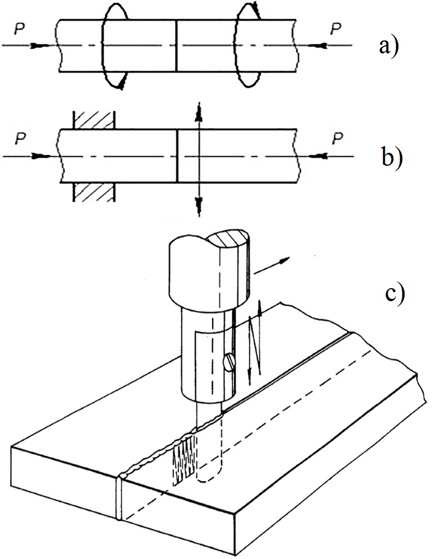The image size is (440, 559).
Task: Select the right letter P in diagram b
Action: point(336,137)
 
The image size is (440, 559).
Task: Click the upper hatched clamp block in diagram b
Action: point(94,120)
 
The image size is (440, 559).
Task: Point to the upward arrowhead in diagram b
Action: point(197,111)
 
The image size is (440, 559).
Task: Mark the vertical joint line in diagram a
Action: point(177,45)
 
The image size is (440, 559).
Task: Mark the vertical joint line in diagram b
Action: point(177,156)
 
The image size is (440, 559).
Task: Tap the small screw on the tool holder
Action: point(228,363)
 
